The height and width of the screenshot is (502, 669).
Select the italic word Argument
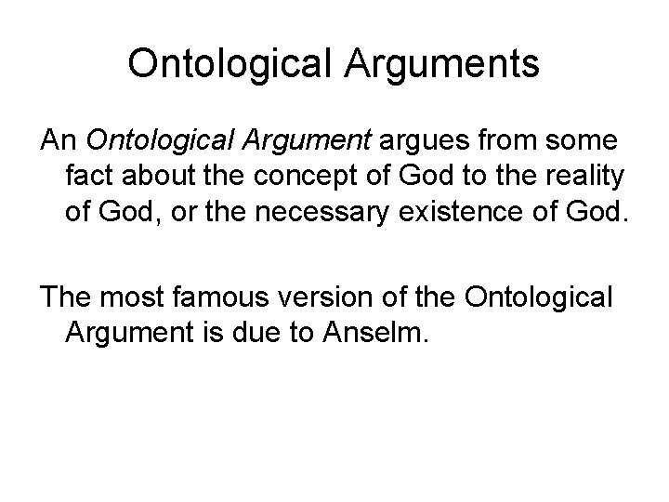pos(311,140)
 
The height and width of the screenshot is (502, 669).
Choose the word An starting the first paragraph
pos(57,140)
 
